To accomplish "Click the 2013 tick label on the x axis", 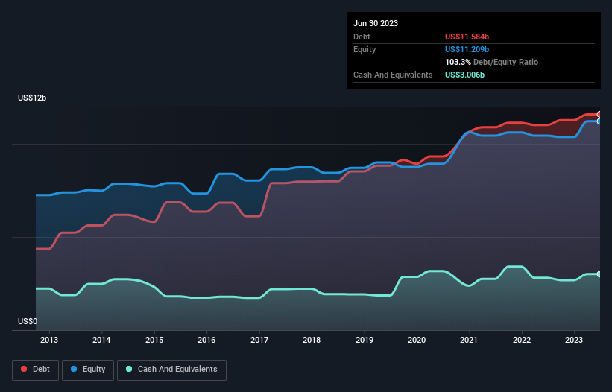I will click(49, 341).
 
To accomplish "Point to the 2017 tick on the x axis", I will click(259, 341).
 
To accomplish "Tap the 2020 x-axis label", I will click(417, 341).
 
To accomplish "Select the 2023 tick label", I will click(574, 341).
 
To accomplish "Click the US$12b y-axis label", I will click(34, 98).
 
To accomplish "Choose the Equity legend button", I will click(88, 370).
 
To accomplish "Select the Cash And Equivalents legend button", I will click(171, 370).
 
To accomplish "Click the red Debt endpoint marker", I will click(599, 114).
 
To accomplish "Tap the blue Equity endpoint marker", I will click(599, 121).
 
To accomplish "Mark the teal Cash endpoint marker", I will click(599, 274).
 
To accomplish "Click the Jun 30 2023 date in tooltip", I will click(376, 23).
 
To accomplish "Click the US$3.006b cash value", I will click(465, 75).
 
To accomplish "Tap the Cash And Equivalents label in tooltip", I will click(393, 75).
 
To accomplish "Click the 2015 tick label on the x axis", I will click(154, 341).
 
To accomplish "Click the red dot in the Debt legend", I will click(24, 370).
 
